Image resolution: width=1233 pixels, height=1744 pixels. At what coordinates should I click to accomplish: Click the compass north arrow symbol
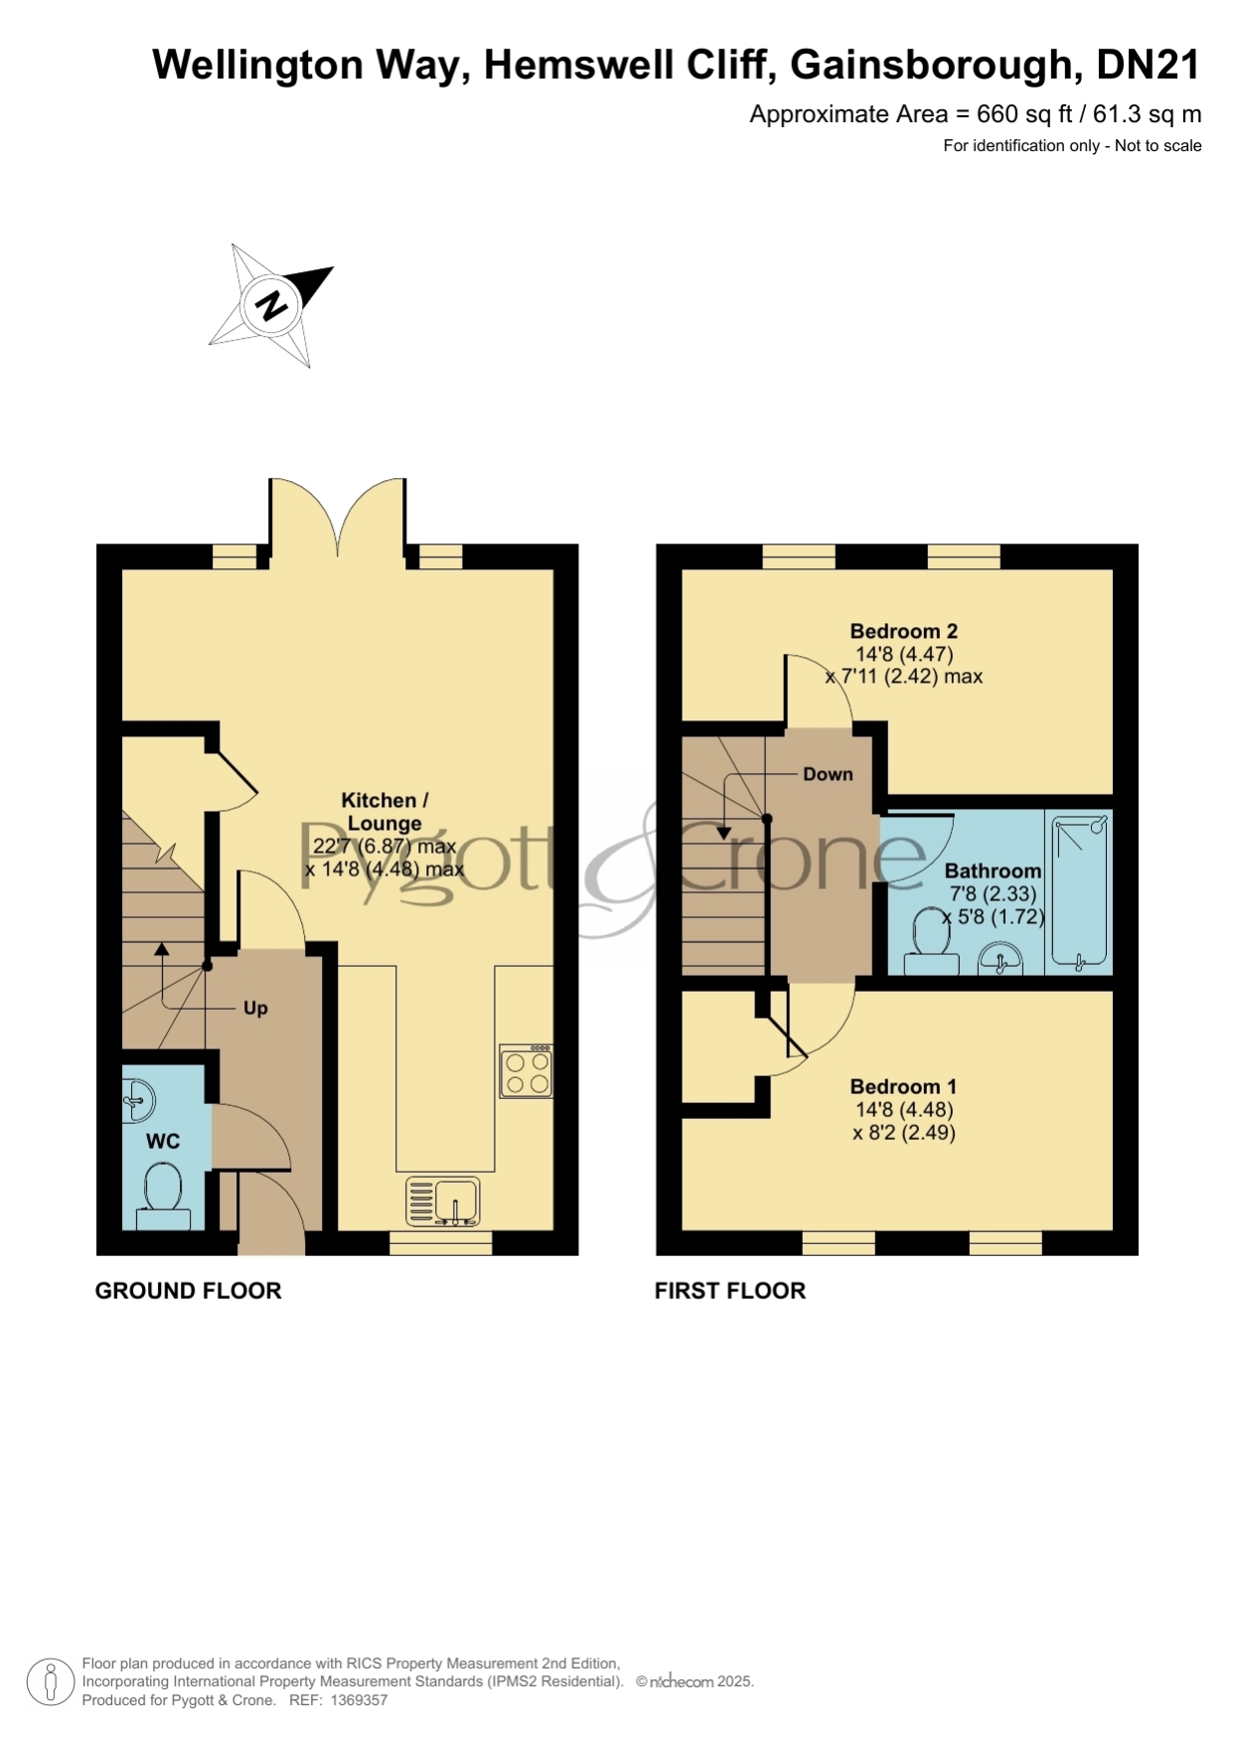(x=270, y=304)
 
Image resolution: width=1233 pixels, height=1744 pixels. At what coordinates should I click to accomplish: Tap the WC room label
(x=163, y=1141)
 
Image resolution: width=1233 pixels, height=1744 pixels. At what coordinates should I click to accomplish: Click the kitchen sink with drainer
(x=443, y=1200)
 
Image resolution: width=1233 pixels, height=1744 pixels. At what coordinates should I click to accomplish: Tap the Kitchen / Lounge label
(x=385, y=811)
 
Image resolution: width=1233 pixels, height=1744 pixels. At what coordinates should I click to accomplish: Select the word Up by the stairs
(x=255, y=1008)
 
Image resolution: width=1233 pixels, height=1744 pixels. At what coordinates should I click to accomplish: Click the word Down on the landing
(x=828, y=774)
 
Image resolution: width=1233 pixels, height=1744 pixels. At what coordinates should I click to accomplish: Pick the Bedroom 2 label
(x=904, y=631)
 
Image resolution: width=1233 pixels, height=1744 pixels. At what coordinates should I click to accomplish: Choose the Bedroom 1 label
(x=903, y=1086)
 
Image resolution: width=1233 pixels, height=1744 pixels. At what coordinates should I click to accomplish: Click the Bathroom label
(x=993, y=871)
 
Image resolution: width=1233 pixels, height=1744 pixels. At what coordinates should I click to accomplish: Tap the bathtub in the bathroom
(x=1079, y=891)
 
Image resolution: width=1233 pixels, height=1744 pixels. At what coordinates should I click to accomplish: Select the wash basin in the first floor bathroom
(x=1001, y=960)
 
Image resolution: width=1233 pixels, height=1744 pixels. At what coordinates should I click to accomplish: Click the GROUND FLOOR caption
(x=189, y=1291)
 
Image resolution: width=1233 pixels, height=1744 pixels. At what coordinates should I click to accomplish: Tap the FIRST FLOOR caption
(x=730, y=1291)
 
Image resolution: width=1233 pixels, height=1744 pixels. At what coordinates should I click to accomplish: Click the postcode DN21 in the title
(x=1148, y=65)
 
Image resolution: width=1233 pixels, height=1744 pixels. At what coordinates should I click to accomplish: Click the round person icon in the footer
(x=50, y=1682)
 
